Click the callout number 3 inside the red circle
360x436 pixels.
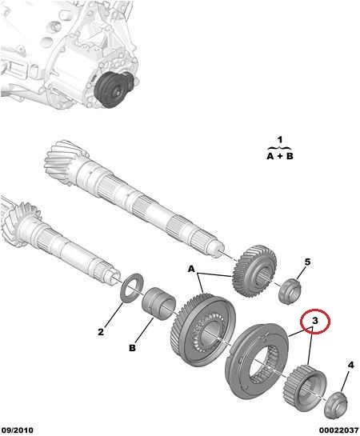coord(314,321)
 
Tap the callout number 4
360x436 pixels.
coord(351,365)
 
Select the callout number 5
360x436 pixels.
coord(307,262)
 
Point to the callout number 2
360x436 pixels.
coord(101,332)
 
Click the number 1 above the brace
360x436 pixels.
coord(280,139)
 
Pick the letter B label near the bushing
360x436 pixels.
coord(132,348)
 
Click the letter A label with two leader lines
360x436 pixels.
coord(191,269)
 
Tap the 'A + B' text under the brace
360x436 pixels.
coord(280,156)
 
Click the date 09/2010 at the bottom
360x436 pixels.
coord(18,430)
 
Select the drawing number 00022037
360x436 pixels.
coord(339,430)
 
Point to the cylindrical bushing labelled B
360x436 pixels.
coord(158,304)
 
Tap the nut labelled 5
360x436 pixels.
coord(290,291)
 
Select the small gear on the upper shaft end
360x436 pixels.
coord(254,271)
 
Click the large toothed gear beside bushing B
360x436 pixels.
coord(203,328)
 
